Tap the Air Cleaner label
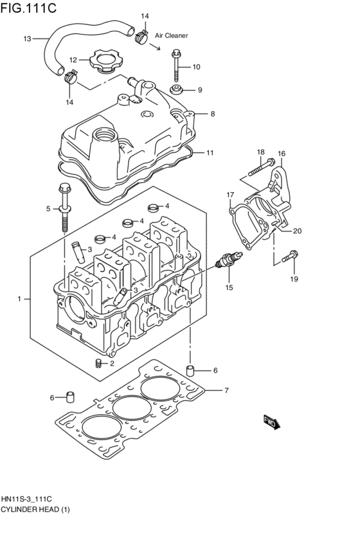[171, 36]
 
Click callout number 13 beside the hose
[27, 39]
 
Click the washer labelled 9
[175, 89]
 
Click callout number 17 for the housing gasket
[230, 194]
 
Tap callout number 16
[281, 154]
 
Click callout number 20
[297, 231]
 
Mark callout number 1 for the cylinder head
[20, 299]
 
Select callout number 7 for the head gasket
[226, 390]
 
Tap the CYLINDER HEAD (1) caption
[35, 510]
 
